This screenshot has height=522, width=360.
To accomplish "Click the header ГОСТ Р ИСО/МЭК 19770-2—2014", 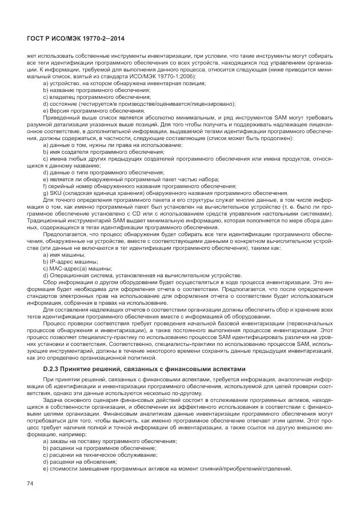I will pos(76,38).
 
